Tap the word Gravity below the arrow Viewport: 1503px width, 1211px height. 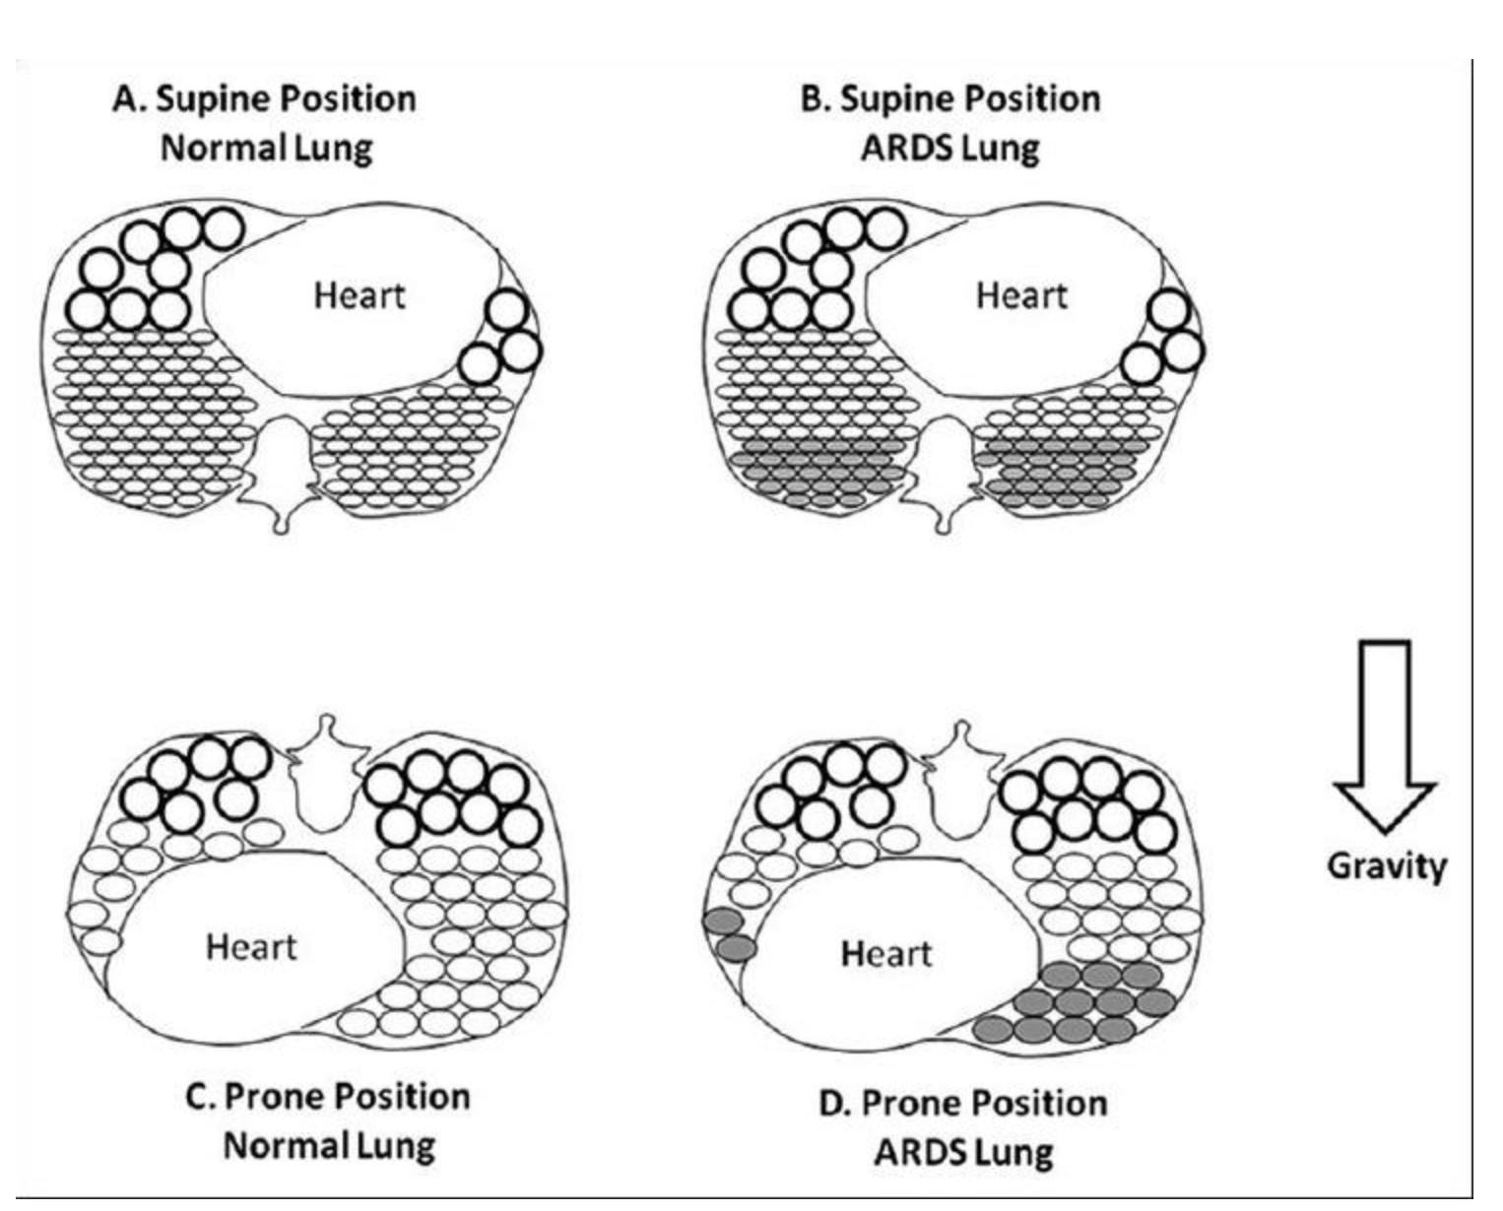1387,866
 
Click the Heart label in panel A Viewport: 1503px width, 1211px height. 359,295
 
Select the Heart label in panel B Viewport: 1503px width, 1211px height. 1021,295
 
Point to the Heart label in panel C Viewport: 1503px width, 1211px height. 251,947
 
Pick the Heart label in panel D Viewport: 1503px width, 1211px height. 886,953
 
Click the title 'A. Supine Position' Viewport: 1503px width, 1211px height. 265,99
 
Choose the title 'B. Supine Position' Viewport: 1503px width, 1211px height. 950,99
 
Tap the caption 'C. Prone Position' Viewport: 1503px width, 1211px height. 328,1097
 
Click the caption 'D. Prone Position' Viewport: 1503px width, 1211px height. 963,1103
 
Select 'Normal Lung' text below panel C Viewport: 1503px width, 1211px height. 329,1146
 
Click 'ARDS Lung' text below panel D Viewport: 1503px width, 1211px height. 963,1152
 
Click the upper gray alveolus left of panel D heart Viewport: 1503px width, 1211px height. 722,921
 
